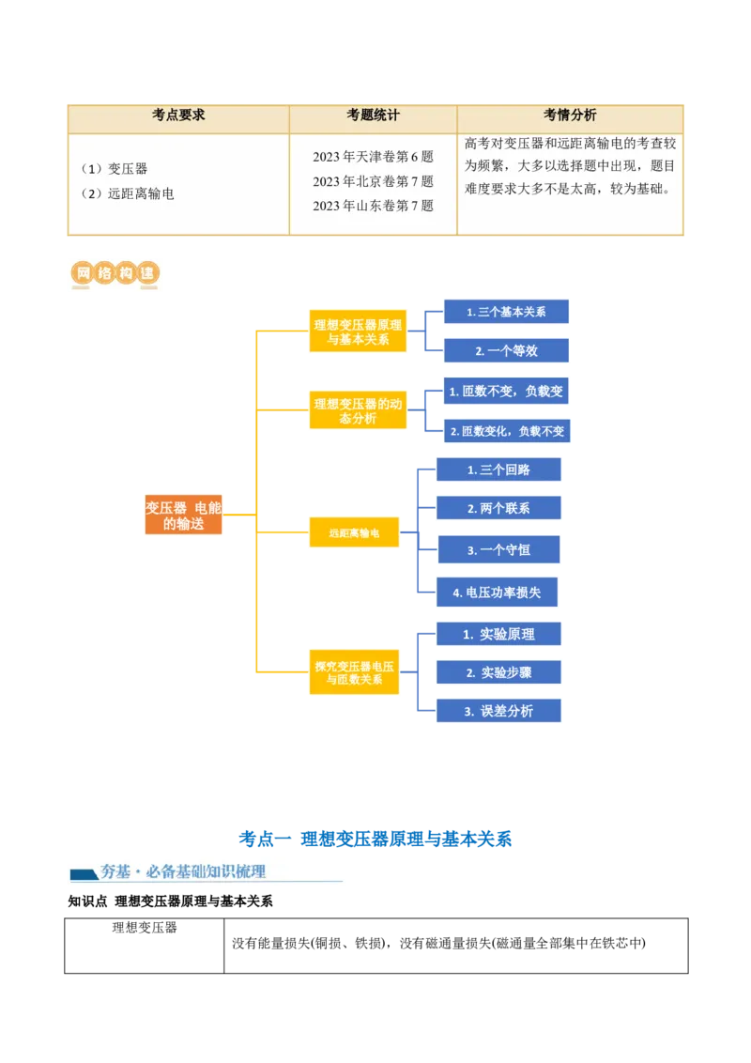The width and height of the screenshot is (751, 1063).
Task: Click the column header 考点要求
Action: click(178, 116)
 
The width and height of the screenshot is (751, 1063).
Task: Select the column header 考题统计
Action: click(373, 116)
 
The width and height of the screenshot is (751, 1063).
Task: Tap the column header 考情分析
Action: click(569, 116)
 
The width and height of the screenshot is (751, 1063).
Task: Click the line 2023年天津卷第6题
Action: click(373, 157)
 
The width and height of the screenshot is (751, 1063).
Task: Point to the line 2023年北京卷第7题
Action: click(373, 181)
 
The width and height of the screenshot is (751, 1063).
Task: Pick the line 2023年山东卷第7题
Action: click(373, 206)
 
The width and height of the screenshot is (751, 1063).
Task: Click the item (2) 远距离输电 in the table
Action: click(128, 194)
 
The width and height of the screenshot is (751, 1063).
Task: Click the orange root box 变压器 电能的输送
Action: click(184, 516)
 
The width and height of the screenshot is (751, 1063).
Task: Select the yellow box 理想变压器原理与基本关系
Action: click(358, 332)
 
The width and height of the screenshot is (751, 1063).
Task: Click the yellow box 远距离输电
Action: click(354, 532)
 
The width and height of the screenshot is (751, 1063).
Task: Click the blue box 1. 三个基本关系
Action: click(506, 312)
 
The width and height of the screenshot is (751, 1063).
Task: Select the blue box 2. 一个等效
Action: click(506, 351)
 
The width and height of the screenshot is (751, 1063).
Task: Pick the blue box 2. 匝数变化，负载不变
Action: click(506, 432)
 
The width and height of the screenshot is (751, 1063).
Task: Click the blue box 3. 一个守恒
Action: click(498, 550)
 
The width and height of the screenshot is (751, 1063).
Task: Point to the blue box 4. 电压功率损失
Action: click(498, 593)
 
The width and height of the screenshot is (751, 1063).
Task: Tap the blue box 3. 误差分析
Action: click(498, 711)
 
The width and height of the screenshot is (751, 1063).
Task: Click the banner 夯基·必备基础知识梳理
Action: click(207, 871)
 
